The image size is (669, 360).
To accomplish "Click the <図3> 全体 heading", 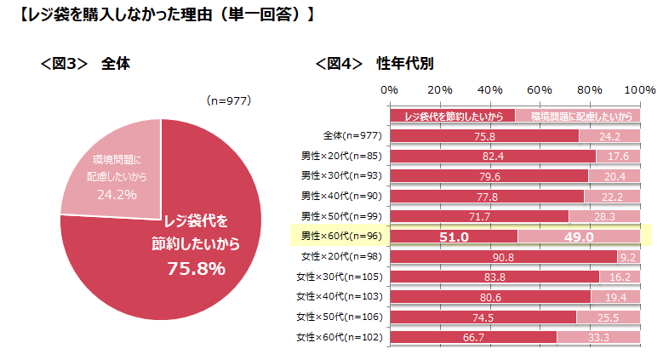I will (86, 64).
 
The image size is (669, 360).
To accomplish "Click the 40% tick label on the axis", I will (489, 89).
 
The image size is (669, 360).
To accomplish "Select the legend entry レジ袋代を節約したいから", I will (453, 116).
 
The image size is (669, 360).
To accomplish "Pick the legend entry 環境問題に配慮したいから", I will (579, 116).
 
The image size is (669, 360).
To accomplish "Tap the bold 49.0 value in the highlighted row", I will (579, 237).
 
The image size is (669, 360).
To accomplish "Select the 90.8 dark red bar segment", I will (503, 256).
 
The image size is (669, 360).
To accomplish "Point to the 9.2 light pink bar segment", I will (628, 256).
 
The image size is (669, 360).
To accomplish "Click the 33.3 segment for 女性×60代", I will (598, 337).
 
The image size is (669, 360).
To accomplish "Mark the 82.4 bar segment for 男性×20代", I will (493, 156).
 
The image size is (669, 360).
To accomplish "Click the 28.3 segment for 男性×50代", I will (604, 216).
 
